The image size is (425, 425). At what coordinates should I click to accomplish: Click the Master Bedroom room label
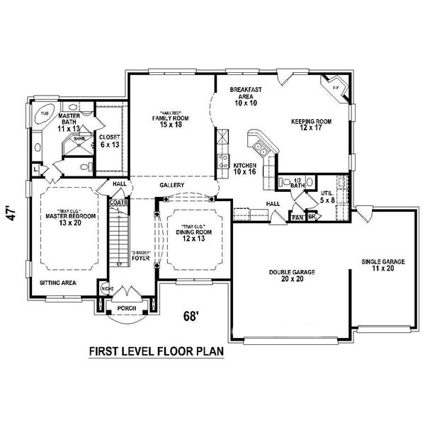click(64, 219)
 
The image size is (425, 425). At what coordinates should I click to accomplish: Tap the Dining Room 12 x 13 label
click(186, 235)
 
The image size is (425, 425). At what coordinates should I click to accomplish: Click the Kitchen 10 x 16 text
click(244, 169)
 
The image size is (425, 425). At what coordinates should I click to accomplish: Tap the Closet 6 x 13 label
click(110, 140)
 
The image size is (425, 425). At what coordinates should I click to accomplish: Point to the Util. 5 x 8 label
click(327, 195)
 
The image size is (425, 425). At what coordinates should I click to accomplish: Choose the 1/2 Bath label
click(297, 184)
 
